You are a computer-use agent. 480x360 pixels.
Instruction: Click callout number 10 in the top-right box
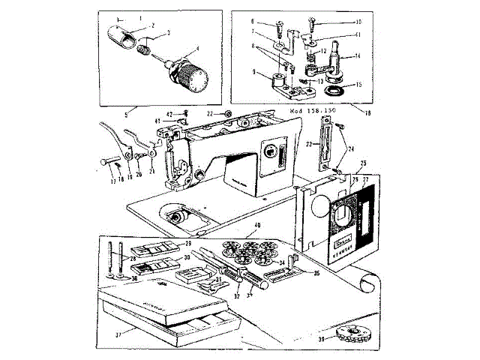click(358, 22)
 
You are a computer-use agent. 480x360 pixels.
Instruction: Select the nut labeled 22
click(229, 114)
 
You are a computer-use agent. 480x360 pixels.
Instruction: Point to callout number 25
click(363, 163)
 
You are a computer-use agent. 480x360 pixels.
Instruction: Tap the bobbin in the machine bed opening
click(178, 217)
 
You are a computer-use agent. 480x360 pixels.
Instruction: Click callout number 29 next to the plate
click(187, 244)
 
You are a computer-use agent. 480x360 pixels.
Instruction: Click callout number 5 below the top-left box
click(126, 114)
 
